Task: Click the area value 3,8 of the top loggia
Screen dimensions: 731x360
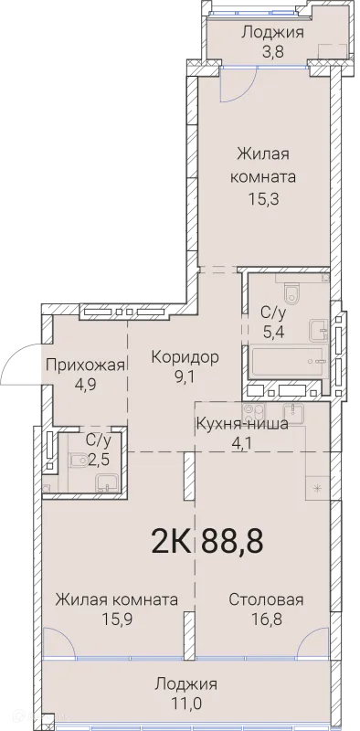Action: [273, 52]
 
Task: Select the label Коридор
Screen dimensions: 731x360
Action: [185, 356]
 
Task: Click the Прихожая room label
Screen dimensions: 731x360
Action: [85, 365]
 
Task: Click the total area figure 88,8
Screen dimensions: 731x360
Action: [232, 541]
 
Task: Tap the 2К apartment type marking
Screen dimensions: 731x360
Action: [171, 541]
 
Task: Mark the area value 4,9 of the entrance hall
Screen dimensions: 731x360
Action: [85, 384]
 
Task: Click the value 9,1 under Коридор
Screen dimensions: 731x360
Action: [185, 376]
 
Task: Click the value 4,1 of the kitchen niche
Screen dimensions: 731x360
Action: [242, 442]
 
